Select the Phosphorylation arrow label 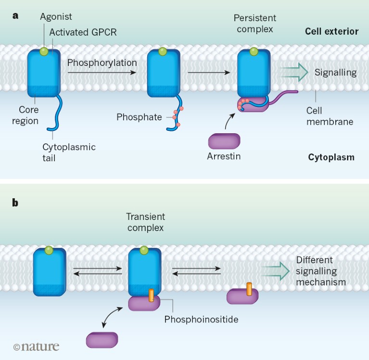(x=102, y=63)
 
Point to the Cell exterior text (x=331, y=32)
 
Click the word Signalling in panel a (x=335, y=73)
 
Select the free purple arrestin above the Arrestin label (x=224, y=141)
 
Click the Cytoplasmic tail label (x=69, y=152)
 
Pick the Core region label (x=28, y=115)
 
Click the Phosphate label (x=139, y=117)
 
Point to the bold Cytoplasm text (x=331, y=157)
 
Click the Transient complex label (x=145, y=222)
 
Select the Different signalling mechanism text (x=321, y=270)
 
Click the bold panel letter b (x=15, y=202)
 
